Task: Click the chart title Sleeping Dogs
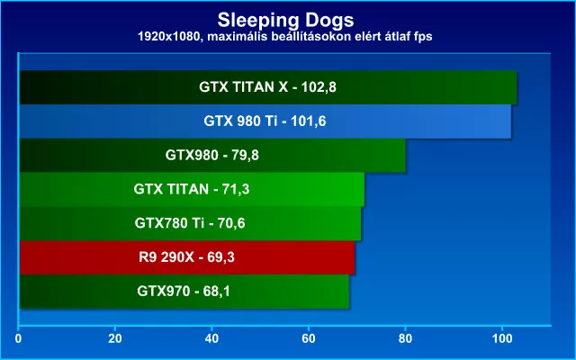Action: (285, 20)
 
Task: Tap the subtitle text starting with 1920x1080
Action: (284, 36)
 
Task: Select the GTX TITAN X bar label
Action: (267, 87)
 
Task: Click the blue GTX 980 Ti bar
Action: (265, 121)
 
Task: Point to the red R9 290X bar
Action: (187, 257)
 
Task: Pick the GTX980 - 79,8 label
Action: (212, 156)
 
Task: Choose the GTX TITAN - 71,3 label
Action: (192, 190)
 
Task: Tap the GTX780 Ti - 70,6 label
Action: (190, 223)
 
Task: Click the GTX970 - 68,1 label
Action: (184, 292)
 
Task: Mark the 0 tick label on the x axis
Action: (18, 338)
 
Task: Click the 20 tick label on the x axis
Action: (115, 338)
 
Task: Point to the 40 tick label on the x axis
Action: (212, 338)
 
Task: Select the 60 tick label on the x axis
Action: (309, 338)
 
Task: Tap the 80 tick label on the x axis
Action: (405, 338)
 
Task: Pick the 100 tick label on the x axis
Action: (502, 338)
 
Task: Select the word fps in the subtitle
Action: (422, 37)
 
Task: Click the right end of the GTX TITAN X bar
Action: (517, 87)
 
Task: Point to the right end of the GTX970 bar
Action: (349, 292)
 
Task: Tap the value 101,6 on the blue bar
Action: (308, 121)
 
